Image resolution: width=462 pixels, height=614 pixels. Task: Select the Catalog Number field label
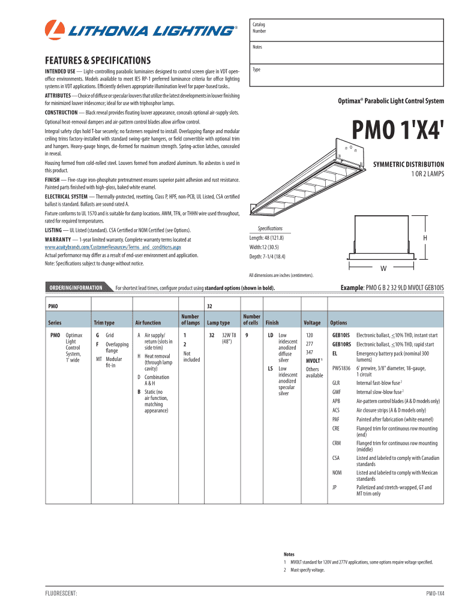coord(259,28)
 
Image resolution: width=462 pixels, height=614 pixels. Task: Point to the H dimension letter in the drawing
coord(425,238)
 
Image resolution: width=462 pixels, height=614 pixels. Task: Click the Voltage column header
coord(313,323)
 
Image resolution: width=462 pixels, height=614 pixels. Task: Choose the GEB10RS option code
coord(341,344)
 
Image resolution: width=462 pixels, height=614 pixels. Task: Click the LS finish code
coord(271,369)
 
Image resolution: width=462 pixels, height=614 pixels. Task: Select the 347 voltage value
coord(310,352)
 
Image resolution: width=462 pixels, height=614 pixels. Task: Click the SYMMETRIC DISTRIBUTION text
coord(409,164)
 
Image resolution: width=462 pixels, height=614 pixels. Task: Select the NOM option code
coord(337,472)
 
